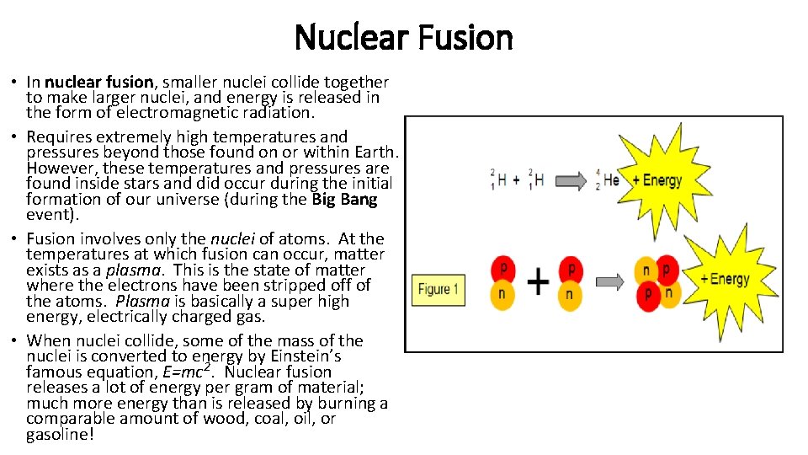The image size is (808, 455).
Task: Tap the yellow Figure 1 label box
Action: pyautogui.click(x=435, y=289)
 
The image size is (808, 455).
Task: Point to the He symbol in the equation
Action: pyautogui.click(x=612, y=179)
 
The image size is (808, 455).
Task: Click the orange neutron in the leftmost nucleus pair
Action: pyautogui.click(x=503, y=293)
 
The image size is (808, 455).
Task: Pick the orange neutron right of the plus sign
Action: pyautogui.click(x=570, y=294)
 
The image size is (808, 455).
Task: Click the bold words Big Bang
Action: pyautogui.click(x=344, y=200)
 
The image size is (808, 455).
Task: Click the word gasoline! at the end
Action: pyautogui.click(x=60, y=435)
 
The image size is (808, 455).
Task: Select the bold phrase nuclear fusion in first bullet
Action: pyautogui.click(x=99, y=83)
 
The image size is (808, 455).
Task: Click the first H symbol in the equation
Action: pyautogui.click(x=502, y=179)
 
